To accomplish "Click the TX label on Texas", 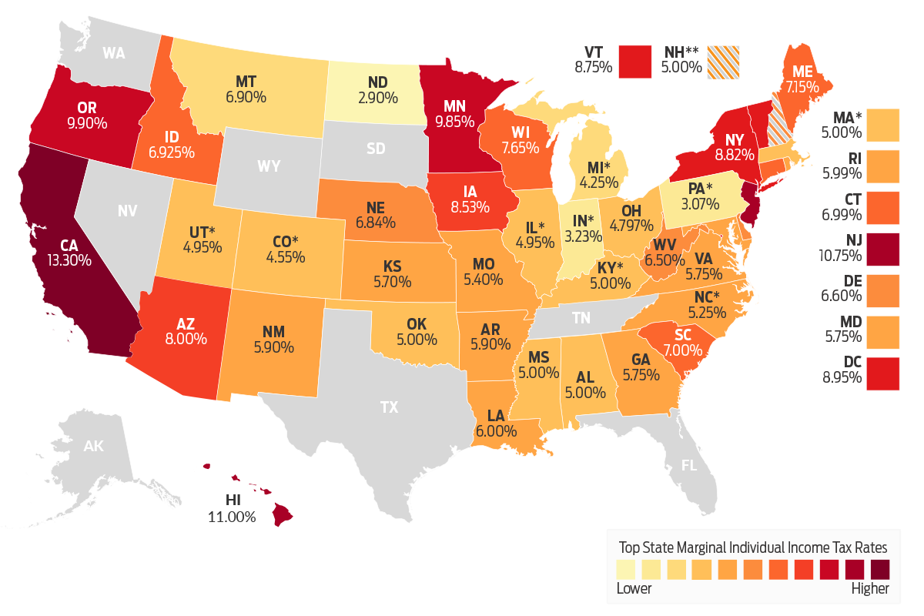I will pos(390,407).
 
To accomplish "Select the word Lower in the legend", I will pos(634,589).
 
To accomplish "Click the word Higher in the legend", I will pos(869,589).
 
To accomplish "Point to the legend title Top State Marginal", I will pos(753,547).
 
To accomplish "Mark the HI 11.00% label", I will pos(231,509).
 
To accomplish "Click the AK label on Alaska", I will pos(93,446).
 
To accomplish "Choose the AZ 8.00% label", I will pos(186,330).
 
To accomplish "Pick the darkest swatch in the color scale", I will pos(879,569).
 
